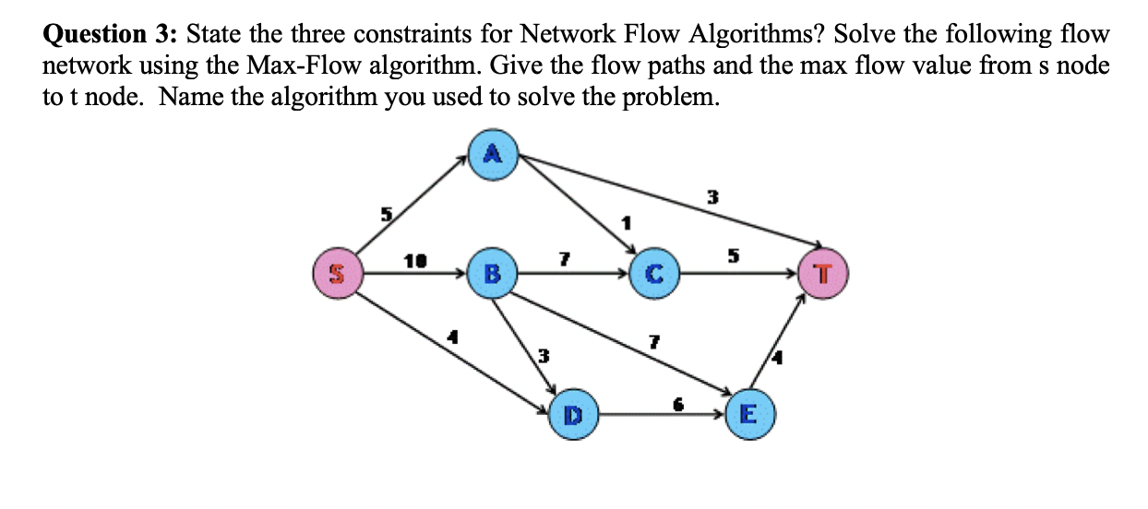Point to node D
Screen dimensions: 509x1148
click(573, 416)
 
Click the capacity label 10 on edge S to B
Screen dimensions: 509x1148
click(413, 262)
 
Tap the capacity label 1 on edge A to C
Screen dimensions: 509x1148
click(627, 222)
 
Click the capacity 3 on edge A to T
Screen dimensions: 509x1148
click(712, 195)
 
